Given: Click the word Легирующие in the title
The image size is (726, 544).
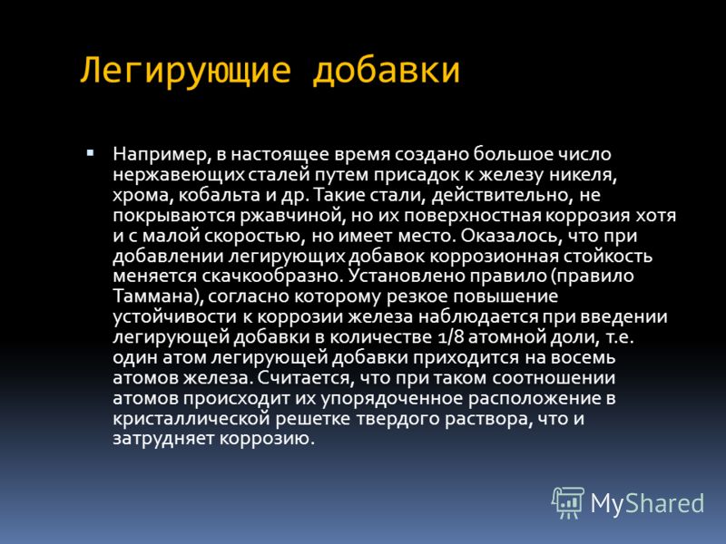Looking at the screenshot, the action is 186,71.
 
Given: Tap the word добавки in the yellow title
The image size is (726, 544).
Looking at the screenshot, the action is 387,70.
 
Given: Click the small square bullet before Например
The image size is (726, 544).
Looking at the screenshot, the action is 90,152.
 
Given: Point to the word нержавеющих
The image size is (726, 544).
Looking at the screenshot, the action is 179,176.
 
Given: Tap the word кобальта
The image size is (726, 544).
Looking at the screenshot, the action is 220,195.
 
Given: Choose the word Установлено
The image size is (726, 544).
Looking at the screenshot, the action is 407,276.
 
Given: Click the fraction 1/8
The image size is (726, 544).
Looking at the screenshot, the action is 450,336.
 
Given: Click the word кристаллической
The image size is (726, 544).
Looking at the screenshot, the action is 191,419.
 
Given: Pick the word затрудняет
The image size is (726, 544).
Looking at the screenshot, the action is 163,439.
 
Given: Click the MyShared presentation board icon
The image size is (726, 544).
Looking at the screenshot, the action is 568,503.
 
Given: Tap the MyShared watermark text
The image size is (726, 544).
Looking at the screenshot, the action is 647,503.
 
